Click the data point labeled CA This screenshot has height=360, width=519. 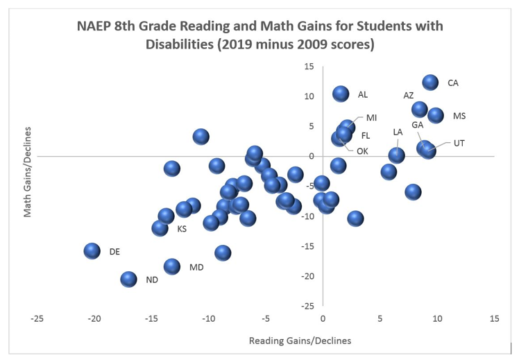click(x=430, y=83)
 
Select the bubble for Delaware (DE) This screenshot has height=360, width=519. click(x=92, y=250)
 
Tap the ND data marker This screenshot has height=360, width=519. click(x=128, y=279)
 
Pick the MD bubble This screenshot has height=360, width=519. click(x=172, y=266)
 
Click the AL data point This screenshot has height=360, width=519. click(x=340, y=94)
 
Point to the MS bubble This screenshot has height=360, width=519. click(x=436, y=115)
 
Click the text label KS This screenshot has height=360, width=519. click(x=182, y=229)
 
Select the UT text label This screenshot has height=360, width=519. click(x=459, y=144)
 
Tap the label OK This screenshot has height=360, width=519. click(x=362, y=151)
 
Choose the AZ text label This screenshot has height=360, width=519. click(x=409, y=95)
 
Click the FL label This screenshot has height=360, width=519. click(x=366, y=136)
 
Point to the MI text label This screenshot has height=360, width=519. click(x=372, y=118)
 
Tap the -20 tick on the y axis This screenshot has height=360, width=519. click(x=309, y=276)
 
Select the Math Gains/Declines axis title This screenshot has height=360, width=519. click(x=28, y=172)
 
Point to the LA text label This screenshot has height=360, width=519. click(x=398, y=132)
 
